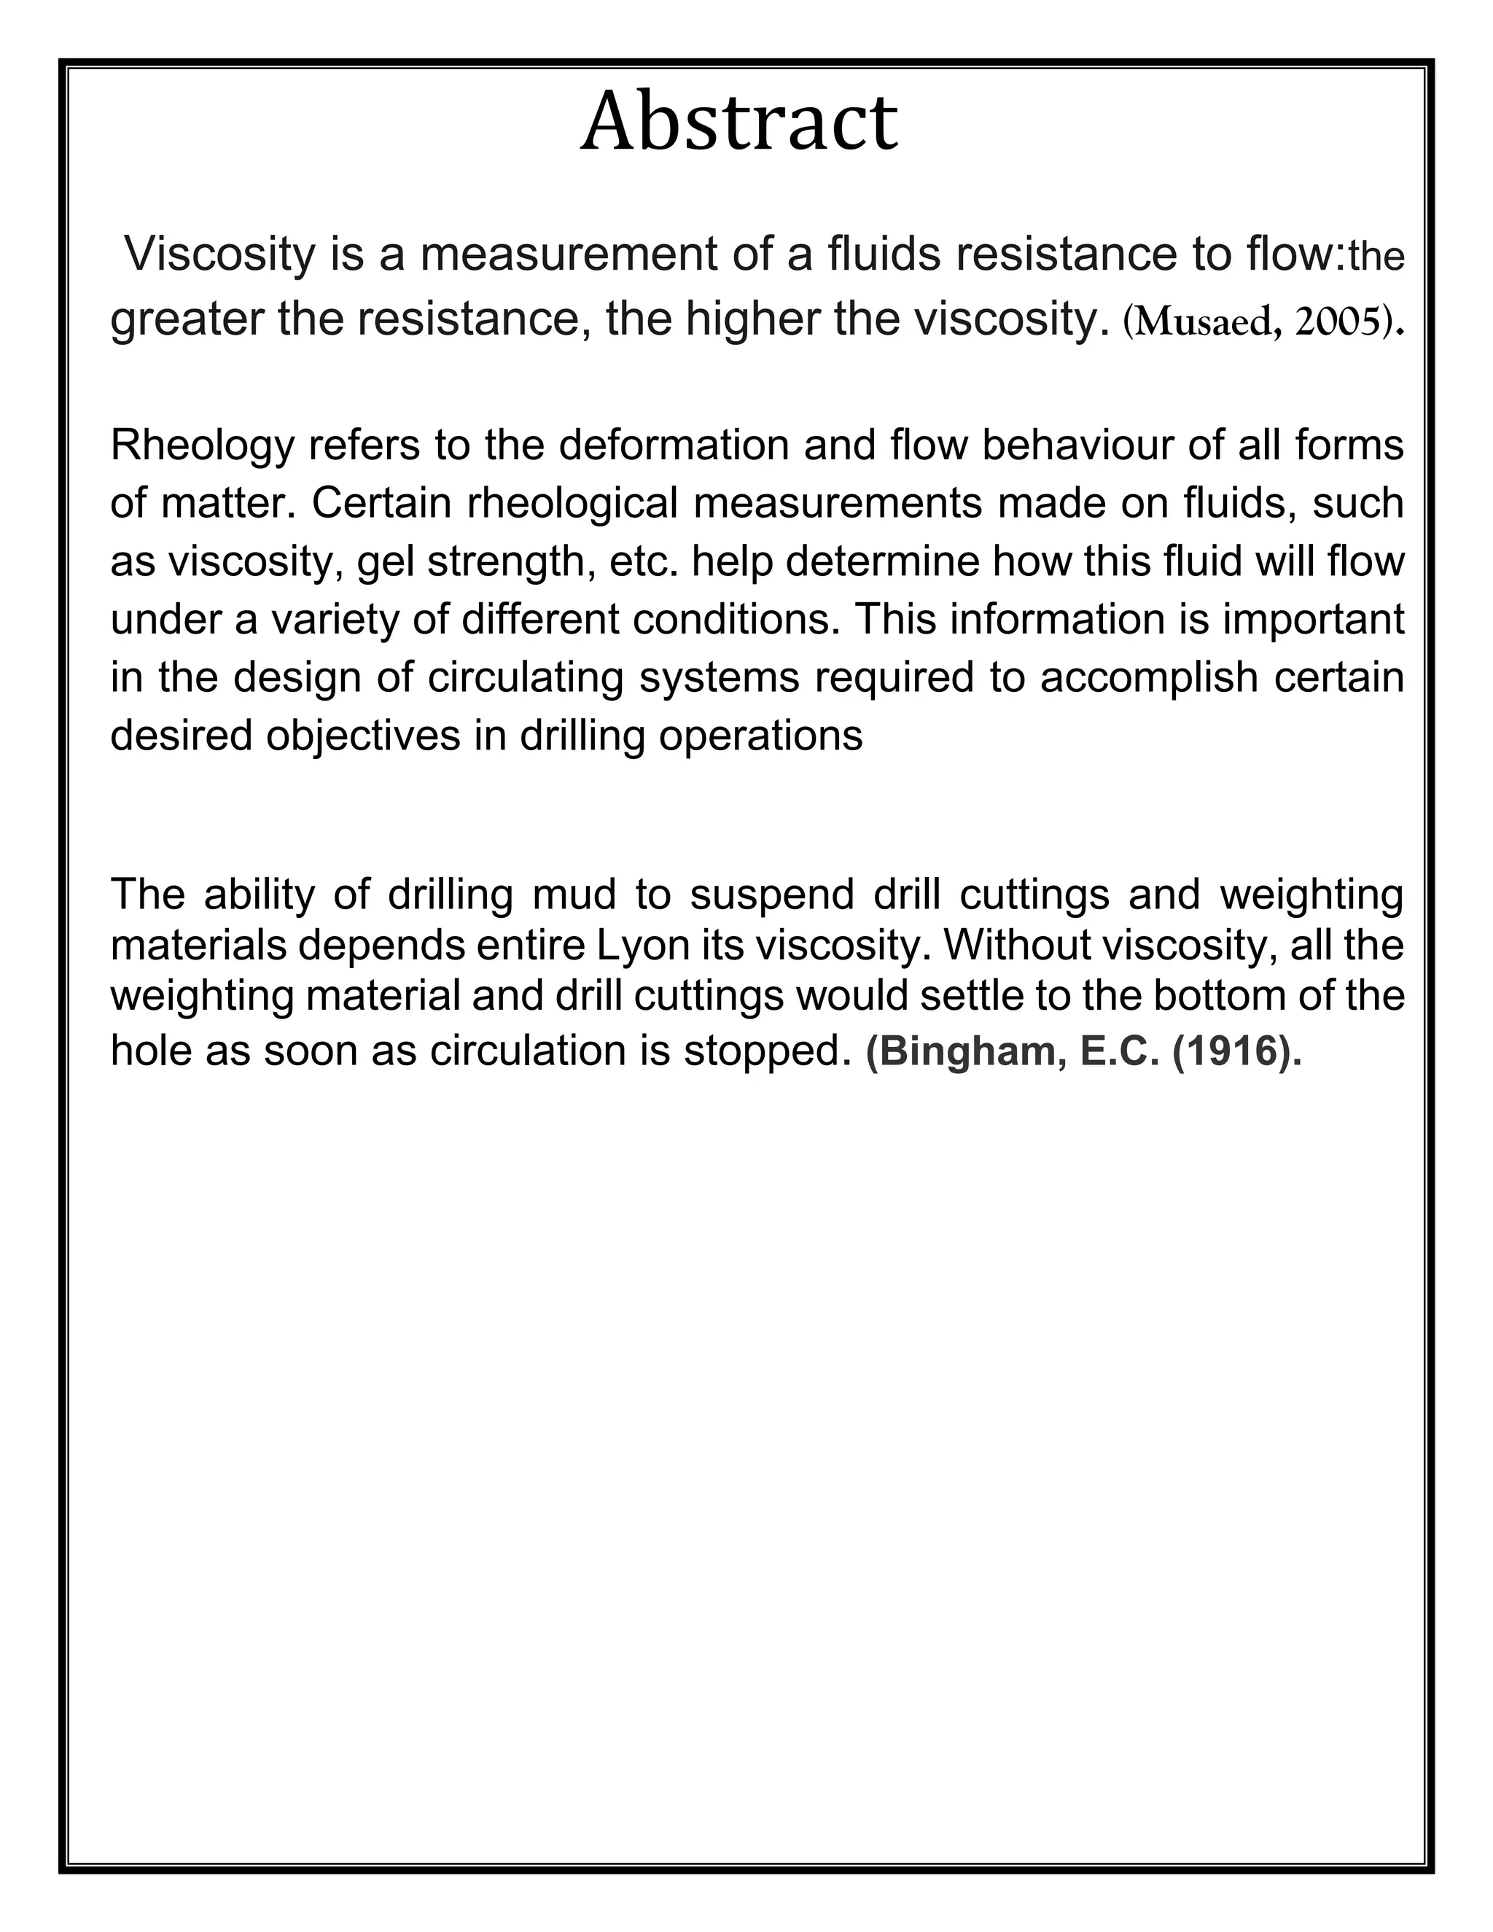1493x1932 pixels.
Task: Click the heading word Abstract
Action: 738,122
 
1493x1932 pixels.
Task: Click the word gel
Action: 385,563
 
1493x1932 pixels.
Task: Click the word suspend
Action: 772,895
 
